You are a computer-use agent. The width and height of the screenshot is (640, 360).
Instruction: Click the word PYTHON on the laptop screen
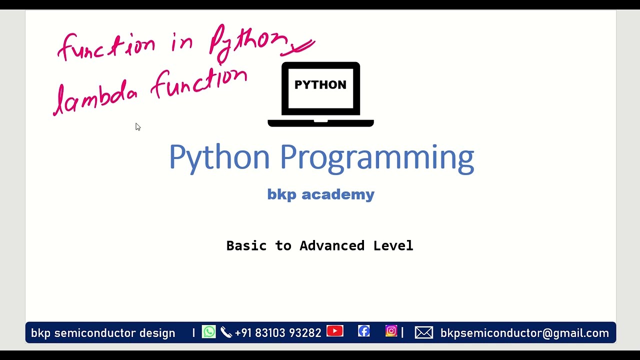[x=320, y=85]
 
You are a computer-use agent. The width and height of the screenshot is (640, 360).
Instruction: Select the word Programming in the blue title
[x=376, y=157]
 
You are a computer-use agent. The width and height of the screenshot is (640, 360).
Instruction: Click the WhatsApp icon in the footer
[x=209, y=332]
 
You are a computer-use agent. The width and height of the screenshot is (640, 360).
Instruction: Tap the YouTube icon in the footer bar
[x=335, y=331]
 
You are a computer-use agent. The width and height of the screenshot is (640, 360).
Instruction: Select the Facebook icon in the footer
[x=364, y=331]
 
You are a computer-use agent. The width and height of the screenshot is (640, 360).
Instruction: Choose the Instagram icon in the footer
[x=391, y=331]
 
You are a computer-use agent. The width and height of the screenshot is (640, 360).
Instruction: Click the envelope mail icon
[x=424, y=332]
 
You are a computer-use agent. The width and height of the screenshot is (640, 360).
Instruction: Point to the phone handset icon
[x=226, y=332]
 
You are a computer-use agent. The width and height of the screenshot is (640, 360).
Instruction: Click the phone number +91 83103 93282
[x=277, y=333]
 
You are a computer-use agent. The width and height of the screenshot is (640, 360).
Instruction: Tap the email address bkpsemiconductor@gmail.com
[x=524, y=333]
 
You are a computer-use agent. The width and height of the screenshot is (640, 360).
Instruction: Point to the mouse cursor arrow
[x=138, y=127]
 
